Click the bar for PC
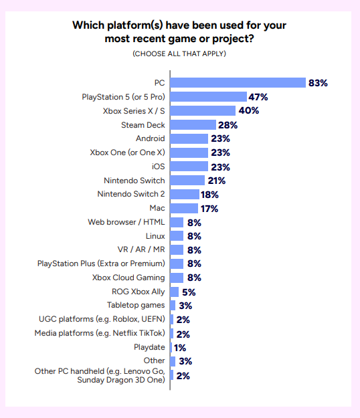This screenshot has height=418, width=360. click(238, 83)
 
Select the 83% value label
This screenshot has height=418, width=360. click(318, 83)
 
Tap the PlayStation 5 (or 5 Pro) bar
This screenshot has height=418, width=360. click(208, 97)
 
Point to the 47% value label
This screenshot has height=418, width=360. click(258, 97)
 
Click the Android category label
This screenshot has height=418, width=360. click(150, 138)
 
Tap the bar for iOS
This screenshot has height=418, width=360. click(189, 167)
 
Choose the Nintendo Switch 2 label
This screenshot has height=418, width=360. click(130, 194)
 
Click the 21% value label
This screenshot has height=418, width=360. click(216, 181)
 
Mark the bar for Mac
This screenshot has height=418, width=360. click(184, 208)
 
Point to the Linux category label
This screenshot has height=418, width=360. click(155, 236)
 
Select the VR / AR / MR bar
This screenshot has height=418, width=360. click(177, 250)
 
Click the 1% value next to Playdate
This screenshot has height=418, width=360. click(180, 348)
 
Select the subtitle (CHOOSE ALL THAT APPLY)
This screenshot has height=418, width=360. click(179, 54)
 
